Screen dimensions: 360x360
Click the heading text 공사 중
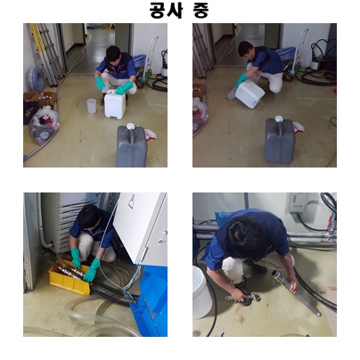pyautogui.click(x=179, y=11)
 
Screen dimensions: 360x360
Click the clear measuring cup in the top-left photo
pyautogui.click(x=92, y=106)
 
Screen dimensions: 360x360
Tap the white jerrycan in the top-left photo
pyautogui.click(x=115, y=104)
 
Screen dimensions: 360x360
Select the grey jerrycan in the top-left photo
pyautogui.click(x=132, y=145)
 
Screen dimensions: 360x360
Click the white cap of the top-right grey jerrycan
pyautogui.click(x=279, y=119)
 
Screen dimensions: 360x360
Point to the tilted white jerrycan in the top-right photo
pyautogui.click(x=250, y=94)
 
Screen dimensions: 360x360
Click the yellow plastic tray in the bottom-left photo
pyautogui.click(x=70, y=277)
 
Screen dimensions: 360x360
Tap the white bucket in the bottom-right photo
pyautogui.click(x=201, y=292)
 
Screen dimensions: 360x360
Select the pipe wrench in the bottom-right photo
pyautogui.click(x=243, y=299)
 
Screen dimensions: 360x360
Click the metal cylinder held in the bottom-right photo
pyautogui.click(x=296, y=292)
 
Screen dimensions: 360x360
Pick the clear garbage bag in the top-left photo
pyautogui.click(x=45, y=125)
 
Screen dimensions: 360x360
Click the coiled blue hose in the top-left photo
pyautogui.click(x=36, y=78)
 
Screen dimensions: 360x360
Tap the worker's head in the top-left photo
pyautogui.click(x=113, y=54)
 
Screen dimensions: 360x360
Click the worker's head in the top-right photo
pyautogui.click(x=246, y=49)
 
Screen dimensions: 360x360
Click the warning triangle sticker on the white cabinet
pyautogui.click(x=131, y=201)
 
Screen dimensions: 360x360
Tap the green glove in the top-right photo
pyautogui.click(x=241, y=80)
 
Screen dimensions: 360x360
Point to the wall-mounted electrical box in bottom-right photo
pyautogui.click(x=297, y=202)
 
